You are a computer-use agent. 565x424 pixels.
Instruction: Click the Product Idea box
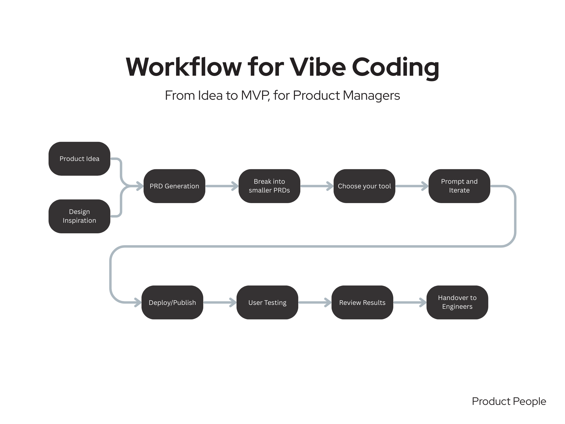click(x=79, y=159)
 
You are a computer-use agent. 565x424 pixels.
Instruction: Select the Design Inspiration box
click(x=79, y=216)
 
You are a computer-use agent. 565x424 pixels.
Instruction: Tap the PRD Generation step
click(x=174, y=186)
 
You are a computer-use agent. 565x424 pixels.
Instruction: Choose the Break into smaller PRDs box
click(x=269, y=186)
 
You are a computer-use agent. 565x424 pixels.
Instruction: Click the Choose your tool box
click(x=364, y=186)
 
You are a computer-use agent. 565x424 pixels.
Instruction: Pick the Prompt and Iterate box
click(x=459, y=186)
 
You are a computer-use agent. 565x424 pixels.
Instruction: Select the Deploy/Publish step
click(x=172, y=302)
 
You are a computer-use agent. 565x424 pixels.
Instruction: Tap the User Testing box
click(x=267, y=302)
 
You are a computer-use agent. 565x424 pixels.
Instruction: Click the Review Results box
click(x=362, y=302)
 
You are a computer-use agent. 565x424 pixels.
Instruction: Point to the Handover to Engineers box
click(x=457, y=302)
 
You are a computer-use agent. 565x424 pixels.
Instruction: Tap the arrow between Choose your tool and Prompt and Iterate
click(x=412, y=186)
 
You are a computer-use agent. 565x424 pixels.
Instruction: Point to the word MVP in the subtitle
click(x=255, y=95)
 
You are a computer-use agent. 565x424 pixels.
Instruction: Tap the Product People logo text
click(x=509, y=401)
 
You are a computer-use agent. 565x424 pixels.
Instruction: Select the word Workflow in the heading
click(x=183, y=67)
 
